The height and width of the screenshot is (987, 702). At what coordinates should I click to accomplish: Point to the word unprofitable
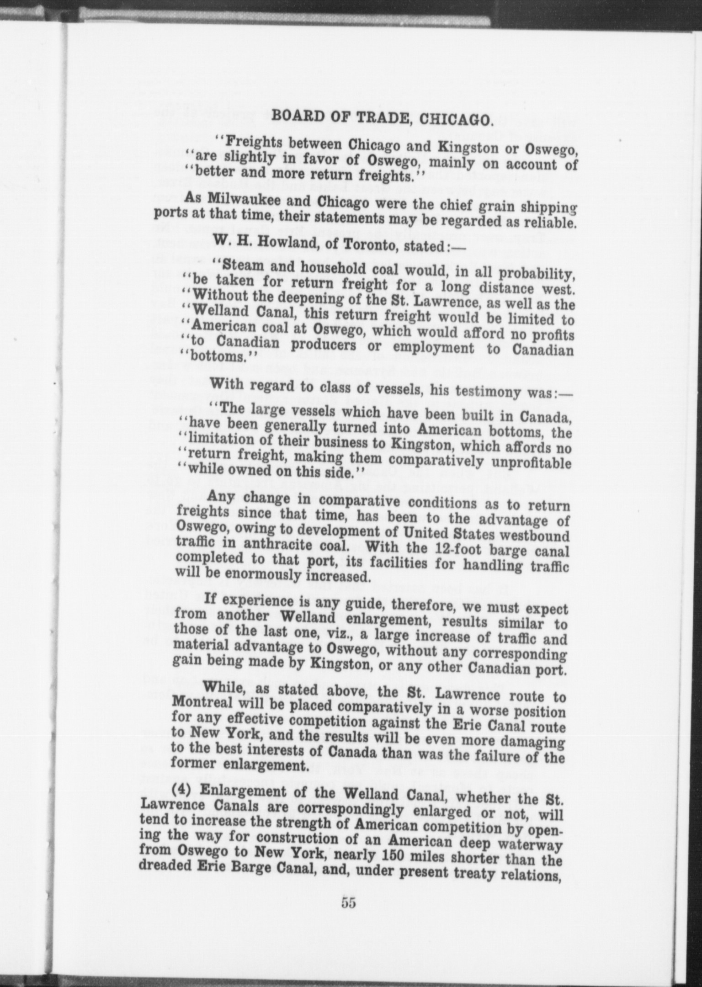pyautogui.click(x=529, y=463)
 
